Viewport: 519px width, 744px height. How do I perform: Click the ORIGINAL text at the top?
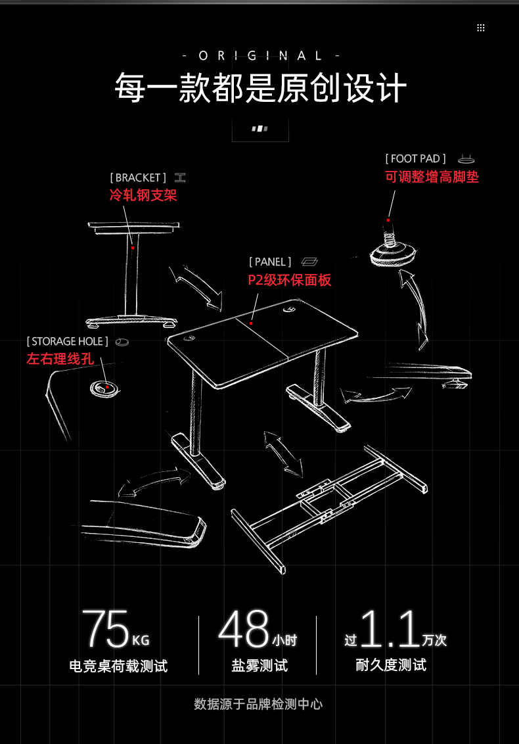coord(260,56)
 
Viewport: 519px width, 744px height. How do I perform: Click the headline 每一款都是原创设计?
coord(260,88)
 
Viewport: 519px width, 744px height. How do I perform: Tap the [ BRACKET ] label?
coord(138,177)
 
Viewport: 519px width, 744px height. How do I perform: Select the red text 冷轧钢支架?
coord(143,195)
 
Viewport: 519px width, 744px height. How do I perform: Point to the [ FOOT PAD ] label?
coord(415,158)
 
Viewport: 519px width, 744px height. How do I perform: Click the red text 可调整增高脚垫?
coord(432,177)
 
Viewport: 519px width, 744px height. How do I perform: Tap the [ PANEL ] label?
coord(270,262)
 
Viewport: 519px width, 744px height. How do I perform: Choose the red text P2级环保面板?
coord(289,280)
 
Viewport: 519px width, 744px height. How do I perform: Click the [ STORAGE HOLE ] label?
coord(67,341)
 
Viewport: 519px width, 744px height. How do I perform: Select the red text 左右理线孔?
coord(60,359)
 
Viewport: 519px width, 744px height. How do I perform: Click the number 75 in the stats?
coord(105,630)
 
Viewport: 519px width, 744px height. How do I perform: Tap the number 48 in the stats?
coord(244,630)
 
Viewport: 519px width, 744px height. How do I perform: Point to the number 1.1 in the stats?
coord(390,630)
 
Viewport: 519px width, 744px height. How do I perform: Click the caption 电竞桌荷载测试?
coord(118,666)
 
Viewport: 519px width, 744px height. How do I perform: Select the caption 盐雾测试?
coord(259,666)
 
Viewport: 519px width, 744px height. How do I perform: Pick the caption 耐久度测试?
coord(391,665)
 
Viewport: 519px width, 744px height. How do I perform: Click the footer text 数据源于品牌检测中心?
coord(258,704)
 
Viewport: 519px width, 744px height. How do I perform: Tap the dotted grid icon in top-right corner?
coord(481,28)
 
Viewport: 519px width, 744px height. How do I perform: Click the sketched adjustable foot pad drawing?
coord(392,250)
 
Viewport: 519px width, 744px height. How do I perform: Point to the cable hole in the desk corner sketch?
coord(104,388)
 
